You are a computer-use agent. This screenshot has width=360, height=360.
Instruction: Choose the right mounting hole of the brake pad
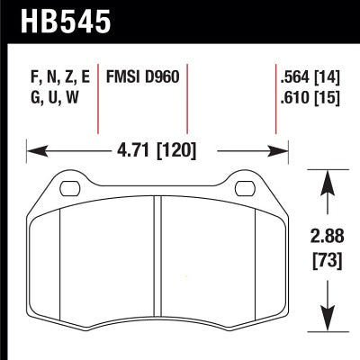tap(244, 188)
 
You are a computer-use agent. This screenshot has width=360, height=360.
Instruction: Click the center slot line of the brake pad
tap(157, 261)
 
